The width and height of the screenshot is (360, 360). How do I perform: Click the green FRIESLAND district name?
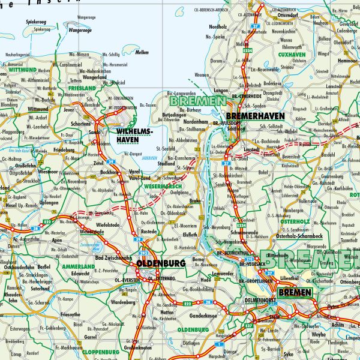pyautogui.click(x=82, y=88)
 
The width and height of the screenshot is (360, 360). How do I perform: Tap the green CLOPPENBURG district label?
pyautogui.click(x=98, y=351)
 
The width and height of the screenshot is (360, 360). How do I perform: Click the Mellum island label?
pyautogui.click(x=142, y=52)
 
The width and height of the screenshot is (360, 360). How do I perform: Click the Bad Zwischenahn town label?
pyautogui.click(x=113, y=257)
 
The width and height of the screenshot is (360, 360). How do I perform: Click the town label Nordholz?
pyautogui.click(x=217, y=27)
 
